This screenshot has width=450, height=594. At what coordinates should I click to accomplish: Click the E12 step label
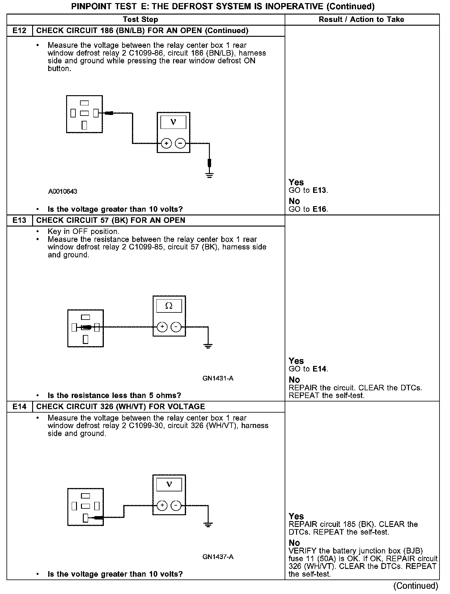[x=19, y=31]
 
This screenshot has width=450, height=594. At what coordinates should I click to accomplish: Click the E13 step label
[x=19, y=220]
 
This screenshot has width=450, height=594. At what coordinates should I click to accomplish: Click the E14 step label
[x=19, y=406]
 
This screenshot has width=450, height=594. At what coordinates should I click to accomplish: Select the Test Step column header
[x=140, y=19]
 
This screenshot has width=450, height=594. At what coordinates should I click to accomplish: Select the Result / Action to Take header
[x=361, y=19]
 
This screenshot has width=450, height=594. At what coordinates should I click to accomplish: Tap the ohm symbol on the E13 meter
[x=169, y=306]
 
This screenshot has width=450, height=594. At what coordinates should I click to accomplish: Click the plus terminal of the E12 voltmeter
[x=166, y=143]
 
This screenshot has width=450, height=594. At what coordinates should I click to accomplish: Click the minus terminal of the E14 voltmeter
[x=176, y=506]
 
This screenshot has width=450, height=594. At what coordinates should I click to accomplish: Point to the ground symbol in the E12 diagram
[x=209, y=176]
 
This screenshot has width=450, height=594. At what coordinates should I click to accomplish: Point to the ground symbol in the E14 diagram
[x=208, y=524]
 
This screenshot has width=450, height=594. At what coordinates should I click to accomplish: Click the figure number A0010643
[x=62, y=192]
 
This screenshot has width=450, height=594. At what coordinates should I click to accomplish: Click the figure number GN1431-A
[x=218, y=378]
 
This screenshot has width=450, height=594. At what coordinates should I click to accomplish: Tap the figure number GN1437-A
[x=218, y=557]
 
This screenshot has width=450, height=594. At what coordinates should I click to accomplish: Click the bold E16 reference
[x=319, y=209]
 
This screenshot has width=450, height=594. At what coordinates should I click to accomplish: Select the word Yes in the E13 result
[x=296, y=361]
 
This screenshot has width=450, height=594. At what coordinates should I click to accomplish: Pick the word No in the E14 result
[x=294, y=543]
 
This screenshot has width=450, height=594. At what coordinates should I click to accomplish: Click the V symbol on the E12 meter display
[x=173, y=122]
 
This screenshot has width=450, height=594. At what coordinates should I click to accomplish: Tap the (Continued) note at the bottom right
[x=415, y=586]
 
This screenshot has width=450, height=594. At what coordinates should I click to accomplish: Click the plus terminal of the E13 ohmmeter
[x=162, y=327]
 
